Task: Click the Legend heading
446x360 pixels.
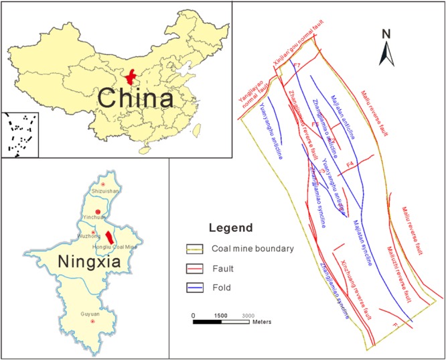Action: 231,227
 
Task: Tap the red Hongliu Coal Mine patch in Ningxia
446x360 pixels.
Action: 109,235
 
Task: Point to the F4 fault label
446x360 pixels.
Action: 350,164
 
